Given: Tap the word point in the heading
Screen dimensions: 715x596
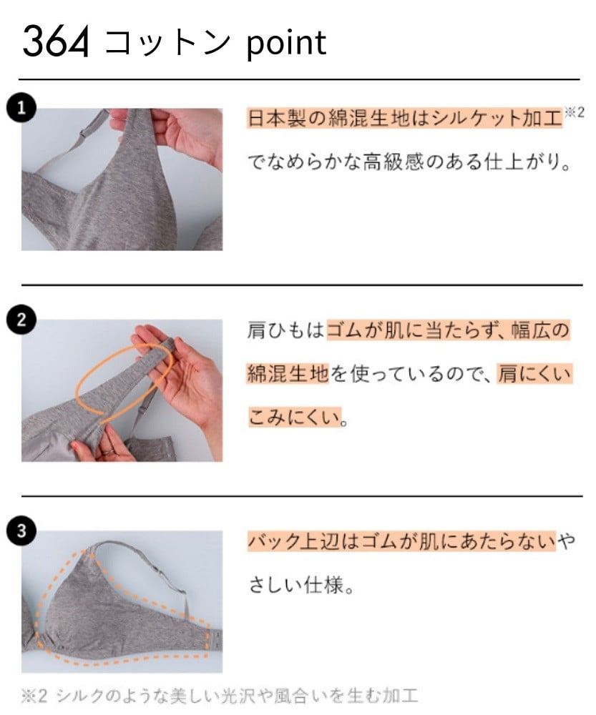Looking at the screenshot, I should coord(286,43).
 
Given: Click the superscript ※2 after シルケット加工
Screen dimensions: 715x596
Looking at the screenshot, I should coord(575,113).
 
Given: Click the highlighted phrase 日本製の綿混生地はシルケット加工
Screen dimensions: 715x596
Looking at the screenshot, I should coord(405,119).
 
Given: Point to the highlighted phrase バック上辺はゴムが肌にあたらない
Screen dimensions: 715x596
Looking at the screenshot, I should coord(401,542).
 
